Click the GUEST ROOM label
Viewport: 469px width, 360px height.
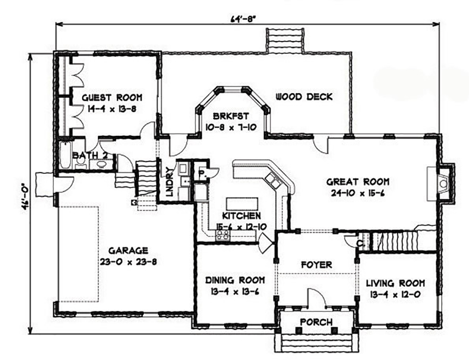(112, 98)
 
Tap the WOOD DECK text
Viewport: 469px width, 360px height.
(304, 97)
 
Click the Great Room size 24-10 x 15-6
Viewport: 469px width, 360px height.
(358, 193)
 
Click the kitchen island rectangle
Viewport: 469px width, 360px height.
(242, 204)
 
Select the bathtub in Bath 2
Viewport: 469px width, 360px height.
(64, 156)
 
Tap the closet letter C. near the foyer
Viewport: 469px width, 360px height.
(360, 243)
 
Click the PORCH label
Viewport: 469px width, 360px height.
(317, 322)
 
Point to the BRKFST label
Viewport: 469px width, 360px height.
(231, 116)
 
